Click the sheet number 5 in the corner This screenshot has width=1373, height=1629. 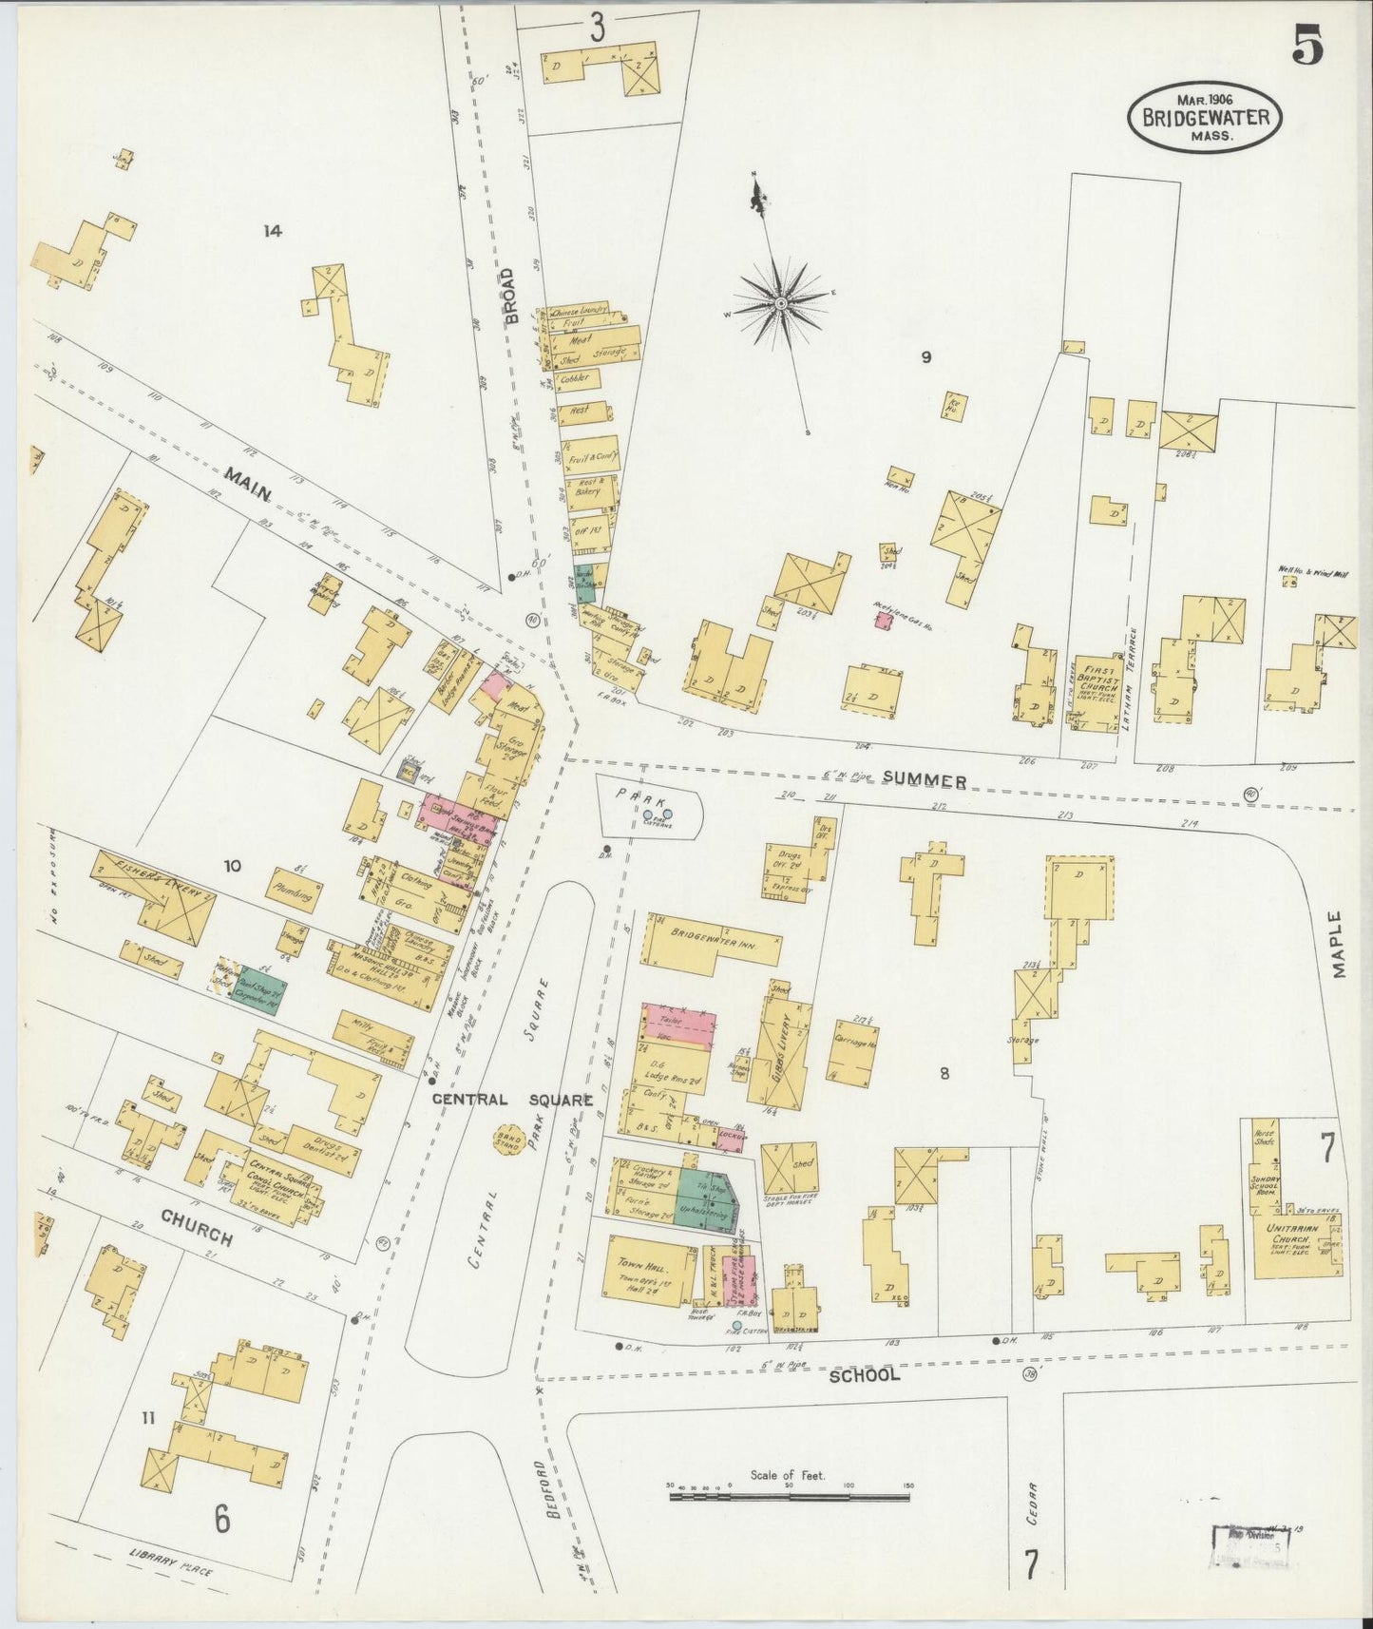tap(1308, 45)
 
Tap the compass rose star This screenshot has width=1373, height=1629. tap(780, 303)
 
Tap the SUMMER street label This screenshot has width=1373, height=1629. tap(924, 780)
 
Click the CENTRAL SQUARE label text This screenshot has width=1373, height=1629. tap(512, 1100)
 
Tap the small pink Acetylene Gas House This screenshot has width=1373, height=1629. tap(884, 621)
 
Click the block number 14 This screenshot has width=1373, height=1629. tap(274, 230)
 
